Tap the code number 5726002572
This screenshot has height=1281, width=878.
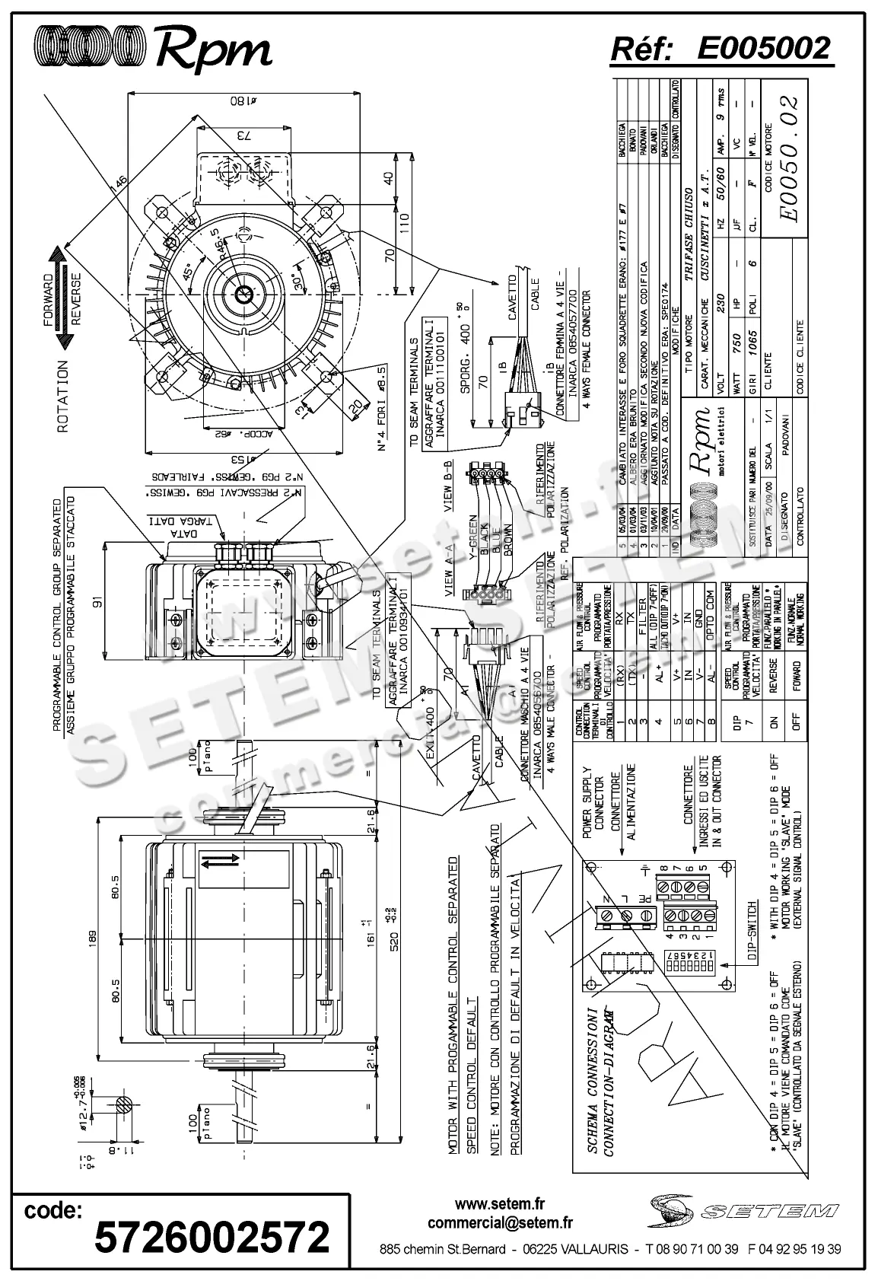coord(212,1236)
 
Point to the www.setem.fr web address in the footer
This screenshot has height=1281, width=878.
coord(500,1204)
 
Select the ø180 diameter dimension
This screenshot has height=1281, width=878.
coord(243,100)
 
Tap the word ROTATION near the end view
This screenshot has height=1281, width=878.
coord(62,397)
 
